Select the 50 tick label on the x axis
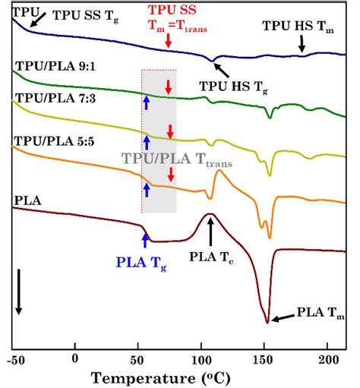(138, 357)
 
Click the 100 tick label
(201, 357)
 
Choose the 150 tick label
(264, 357)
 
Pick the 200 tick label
(327, 357)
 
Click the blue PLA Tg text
(142, 263)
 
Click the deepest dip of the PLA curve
(267, 322)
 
